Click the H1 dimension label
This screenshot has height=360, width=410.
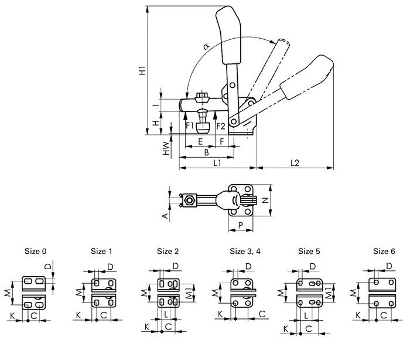pyautogui.click(x=142, y=72)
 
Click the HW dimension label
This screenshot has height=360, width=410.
pyautogui.click(x=166, y=148)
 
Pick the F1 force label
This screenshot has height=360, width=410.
pyautogui.click(x=190, y=125)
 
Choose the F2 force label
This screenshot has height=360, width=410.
pyautogui.click(x=220, y=125)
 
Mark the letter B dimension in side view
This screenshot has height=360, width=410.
pyautogui.click(x=206, y=152)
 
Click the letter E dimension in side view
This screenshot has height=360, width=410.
pyautogui.click(x=200, y=141)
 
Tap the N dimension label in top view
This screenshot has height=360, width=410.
pyautogui.click(x=265, y=200)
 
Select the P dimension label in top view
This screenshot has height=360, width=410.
pyautogui.click(x=241, y=225)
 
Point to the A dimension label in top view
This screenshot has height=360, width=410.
pyautogui.click(x=166, y=216)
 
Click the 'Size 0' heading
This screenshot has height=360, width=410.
pyautogui.click(x=36, y=252)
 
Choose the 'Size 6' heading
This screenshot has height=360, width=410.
pyautogui.click(x=385, y=252)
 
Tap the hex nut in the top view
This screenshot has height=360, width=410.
pyautogui.click(x=189, y=201)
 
